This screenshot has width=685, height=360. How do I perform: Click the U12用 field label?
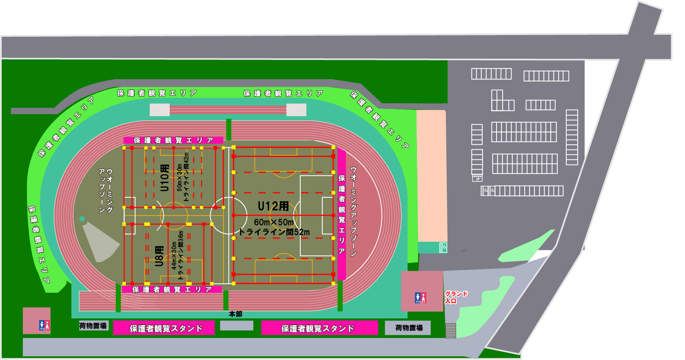pyautogui.click(x=273, y=206)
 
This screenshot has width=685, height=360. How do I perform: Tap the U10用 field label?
pyautogui.click(x=164, y=178)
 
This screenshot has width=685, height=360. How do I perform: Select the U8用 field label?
pyautogui.click(x=159, y=256)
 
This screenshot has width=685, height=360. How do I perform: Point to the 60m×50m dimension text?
pyautogui.click(x=274, y=222)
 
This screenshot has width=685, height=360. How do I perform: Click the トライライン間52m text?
pyautogui.click(x=274, y=232)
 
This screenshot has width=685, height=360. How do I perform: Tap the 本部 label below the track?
pyautogui.click(x=235, y=314)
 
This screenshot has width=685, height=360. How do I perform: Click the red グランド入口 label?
pyautogui.click(x=456, y=297)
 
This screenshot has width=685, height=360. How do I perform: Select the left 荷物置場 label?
pyautogui.click(x=93, y=326)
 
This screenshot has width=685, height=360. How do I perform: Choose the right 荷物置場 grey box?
pyautogui.click(x=408, y=328)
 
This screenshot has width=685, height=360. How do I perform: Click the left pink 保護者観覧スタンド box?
pyautogui.click(x=164, y=328)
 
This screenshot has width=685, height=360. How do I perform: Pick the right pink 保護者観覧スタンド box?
pyautogui.click(x=319, y=328)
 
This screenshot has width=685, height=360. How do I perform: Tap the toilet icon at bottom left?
pyautogui.click(x=44, y=325)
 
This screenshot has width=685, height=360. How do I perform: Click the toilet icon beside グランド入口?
pyautogui.click(x=420, y=298)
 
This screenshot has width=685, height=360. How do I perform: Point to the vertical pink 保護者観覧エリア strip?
pyautogui.click(x=342, y=214)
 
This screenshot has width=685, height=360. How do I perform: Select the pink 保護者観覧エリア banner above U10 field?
pyautogui.click(x=173, y=140)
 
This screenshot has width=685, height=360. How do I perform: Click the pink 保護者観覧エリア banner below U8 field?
pyautogui.click(x=172, y=289)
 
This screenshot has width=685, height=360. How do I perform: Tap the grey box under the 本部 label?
pyautogui.click(x=237, y=326)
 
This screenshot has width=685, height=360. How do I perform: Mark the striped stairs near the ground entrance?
pyautogui.click(x=450, y=330)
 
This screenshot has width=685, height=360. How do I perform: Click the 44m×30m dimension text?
pyautogui.click(x=174, y=255)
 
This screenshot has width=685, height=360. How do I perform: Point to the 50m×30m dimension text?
pyautogui.click(x=180, y=178)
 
